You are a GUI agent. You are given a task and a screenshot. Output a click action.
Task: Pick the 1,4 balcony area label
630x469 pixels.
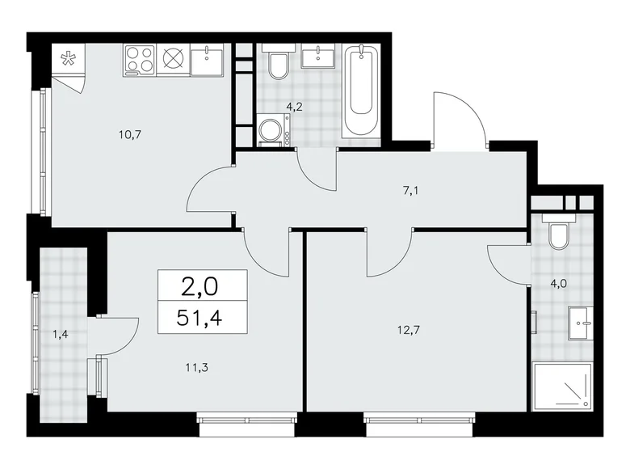point(60,332)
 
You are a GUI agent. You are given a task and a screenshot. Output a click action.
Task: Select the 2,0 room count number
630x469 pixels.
point(203,285)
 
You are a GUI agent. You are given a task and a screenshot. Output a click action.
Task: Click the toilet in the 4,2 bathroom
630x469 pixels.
point(278,64)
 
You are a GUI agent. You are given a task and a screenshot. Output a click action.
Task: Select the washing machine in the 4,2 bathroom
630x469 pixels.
point(271,131)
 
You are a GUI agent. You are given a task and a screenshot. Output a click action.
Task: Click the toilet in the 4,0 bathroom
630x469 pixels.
point(557,234)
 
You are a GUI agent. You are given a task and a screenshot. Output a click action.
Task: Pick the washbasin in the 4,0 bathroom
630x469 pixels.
point(580,323)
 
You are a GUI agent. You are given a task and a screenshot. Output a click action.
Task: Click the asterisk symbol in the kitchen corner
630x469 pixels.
point(70,58)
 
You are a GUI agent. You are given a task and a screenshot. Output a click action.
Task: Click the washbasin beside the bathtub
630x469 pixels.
point(321,57)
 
